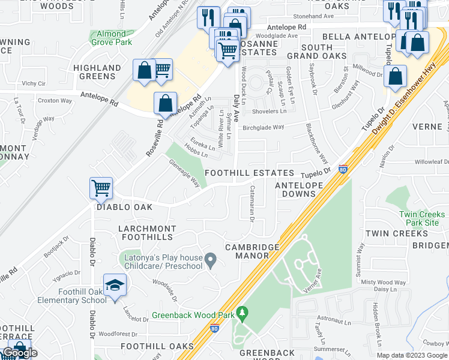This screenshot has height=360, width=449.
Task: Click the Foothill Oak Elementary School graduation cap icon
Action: [x=115, y=285]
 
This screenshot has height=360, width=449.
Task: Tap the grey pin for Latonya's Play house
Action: [x=210, y=260]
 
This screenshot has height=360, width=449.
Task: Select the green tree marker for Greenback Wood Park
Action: [x=242, y=313]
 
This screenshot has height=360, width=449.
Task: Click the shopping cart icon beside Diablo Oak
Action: [x=101, y=187]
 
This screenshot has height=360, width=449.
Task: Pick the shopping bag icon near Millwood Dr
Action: [x=396, y=76]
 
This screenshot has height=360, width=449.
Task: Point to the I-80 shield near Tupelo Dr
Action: [x=343, y=170]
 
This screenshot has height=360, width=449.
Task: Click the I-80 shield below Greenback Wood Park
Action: [x=215, y=328]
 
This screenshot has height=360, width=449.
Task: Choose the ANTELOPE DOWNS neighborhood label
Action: [x=303, y=190]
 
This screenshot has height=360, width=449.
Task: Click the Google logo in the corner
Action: [x=20, y=353]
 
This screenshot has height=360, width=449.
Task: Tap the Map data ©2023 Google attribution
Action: [x=412, y=355]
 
